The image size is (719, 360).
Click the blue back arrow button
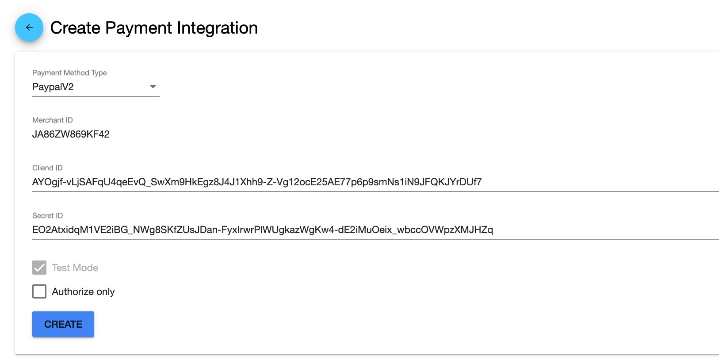click(29, 27)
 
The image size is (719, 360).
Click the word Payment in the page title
click(139, 28)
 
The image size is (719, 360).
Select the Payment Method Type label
click(69, 73)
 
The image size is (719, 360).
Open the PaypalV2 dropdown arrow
click(153, 86)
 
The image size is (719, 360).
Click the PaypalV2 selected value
click(53, 87)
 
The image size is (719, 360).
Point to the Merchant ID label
click(52, 120)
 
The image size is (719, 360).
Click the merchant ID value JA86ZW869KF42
click(71, 134)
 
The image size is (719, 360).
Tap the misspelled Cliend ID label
click(47, 168)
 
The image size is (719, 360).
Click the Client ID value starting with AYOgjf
click(257, 182)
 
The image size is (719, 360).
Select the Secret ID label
click(47, 215)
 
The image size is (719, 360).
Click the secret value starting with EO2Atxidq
click(263, 230)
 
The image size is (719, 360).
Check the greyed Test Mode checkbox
click(39, 268)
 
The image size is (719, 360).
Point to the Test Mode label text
click(75, 268)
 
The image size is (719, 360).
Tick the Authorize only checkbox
click(39, 291)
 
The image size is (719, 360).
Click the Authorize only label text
click(83, 291)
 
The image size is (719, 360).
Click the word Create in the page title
click(76, 28)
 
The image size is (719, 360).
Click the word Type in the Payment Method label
click(99, 73)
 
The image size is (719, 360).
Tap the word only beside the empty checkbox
click(106, 291)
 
